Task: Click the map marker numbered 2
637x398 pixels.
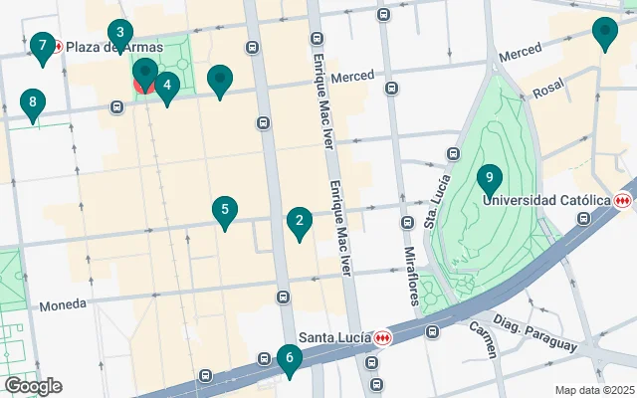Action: pos(299,222)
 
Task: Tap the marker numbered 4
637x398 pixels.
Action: pos(166,87)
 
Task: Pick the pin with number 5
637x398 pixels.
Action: pos(226,211)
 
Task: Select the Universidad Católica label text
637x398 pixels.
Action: pos(546,200)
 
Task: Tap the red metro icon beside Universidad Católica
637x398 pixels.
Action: pos(624,200)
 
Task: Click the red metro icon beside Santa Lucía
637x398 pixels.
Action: pos(383,338)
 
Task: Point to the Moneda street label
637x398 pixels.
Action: pos(63,305)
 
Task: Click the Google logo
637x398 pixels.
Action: pos(33,386)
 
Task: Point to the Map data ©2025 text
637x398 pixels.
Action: pos(593,390)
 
